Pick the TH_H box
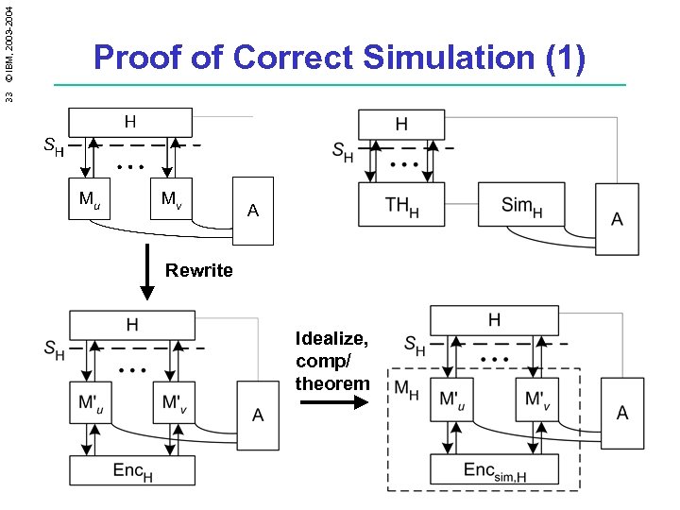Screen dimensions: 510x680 [401, 205]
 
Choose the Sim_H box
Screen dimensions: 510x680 [520, 205]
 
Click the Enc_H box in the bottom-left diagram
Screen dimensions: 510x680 [132, 469]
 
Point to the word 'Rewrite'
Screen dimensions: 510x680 [198, 271]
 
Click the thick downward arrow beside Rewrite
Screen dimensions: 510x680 [145, 269]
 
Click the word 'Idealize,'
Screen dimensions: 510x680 [331, 339]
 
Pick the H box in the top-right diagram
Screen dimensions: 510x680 [401, 124]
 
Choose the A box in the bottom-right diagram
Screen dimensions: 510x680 [621, 413]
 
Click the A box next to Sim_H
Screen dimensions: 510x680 [616, 219]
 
